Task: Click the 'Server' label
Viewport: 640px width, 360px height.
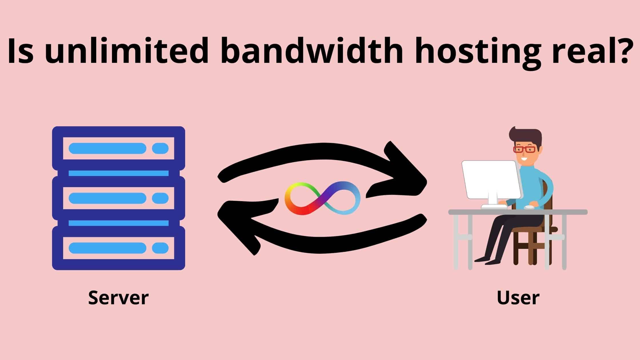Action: point(118,298)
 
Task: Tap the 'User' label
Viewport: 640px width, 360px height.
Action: point(518,298)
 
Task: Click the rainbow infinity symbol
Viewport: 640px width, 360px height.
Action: point(323,198)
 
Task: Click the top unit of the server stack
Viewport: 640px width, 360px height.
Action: point(118,148)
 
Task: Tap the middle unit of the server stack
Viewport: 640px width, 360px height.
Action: point(118,198)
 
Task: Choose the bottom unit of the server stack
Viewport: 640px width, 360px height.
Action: point(118,248)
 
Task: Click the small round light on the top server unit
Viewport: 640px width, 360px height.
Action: point(160,148)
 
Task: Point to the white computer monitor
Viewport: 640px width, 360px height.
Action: point(491,180)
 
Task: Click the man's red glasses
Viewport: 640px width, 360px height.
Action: point(524,149)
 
